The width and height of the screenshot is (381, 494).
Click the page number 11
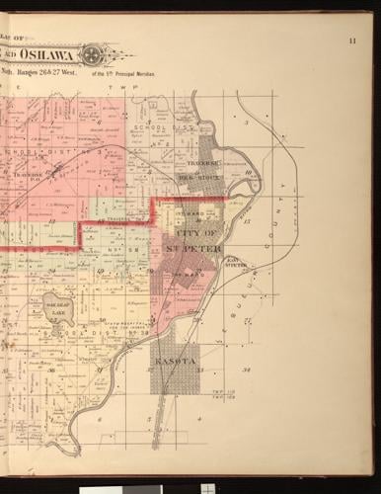[x=352, y=41]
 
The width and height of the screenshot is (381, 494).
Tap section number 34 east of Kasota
[x=247, y=369]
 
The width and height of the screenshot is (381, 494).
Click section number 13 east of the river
[x=247, y=223]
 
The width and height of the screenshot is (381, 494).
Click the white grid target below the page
[x=207, y=487]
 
